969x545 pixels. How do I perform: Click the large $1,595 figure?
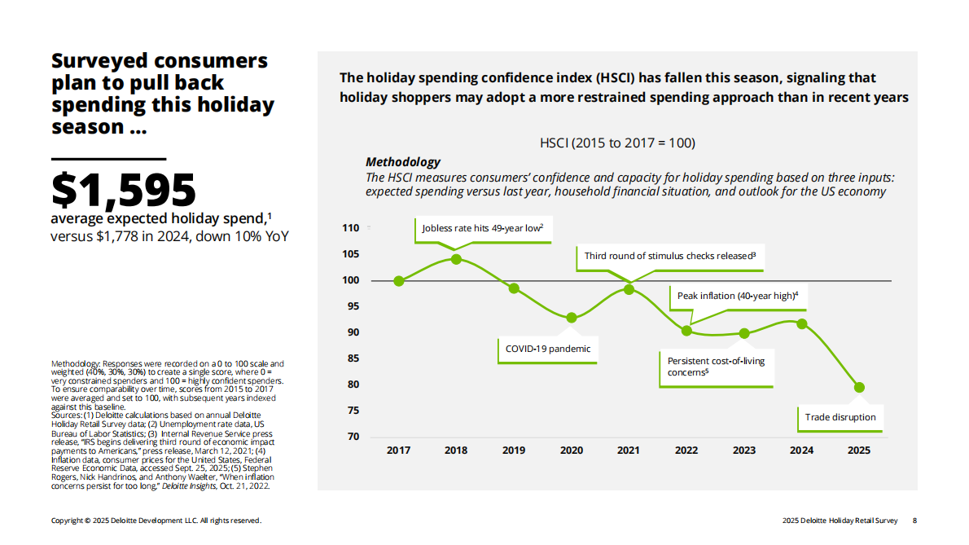[124, 189]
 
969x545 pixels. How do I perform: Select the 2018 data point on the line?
[456, 259]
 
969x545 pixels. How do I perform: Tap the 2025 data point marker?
[859, 388]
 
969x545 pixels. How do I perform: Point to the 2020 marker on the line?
[572, 318]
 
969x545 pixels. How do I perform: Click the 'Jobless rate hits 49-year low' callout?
[483, 228]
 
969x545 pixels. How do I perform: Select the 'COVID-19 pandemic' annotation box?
[548, 349]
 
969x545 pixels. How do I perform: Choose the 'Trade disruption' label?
[840, 417]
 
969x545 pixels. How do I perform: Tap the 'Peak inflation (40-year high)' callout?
[737, 296]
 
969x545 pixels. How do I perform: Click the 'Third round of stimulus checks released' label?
[670, 256]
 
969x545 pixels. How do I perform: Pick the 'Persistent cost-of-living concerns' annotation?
[717, 367]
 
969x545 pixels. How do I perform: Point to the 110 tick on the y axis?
[350, 228]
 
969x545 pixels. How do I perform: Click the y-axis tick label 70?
[353, 437]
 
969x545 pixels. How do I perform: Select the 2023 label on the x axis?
[743, 451]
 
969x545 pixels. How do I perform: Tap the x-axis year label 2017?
[398, 451]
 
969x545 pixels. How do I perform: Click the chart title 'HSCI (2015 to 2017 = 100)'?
[617, 143]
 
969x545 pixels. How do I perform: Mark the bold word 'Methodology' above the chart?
[403, 162]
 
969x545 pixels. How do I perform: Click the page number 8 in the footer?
[914, 521]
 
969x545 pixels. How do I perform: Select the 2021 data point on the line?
[629, 289]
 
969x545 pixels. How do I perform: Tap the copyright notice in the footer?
[156, 521]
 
